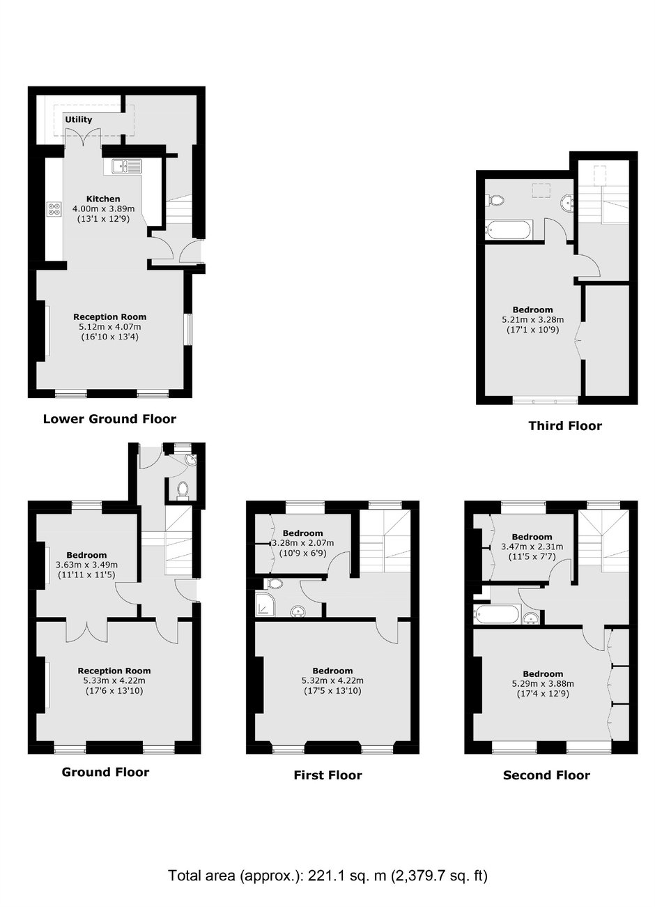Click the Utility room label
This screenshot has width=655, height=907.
[79, 119]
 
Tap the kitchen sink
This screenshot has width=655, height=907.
[127, 165]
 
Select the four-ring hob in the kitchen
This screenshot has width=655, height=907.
[54, 209]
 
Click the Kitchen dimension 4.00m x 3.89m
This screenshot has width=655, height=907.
[103, 209]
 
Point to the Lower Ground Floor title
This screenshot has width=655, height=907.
[109, 419]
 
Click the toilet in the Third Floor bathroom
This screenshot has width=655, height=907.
[495, 200]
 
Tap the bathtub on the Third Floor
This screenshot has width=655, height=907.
[508, 230]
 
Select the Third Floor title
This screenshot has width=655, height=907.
[565, 426]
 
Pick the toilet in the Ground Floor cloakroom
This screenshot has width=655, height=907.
[183, 489]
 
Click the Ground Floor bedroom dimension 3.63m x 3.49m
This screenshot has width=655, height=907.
[86, 565]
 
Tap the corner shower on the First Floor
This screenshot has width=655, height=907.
[265, 604]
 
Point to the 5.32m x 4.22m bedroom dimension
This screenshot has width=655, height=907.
[332, 680]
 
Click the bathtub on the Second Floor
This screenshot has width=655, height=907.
[498, 614]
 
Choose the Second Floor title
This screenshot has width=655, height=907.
[546, 775]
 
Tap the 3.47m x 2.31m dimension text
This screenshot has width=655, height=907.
[532, 547]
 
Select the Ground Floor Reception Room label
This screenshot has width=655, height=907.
[114, 671]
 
